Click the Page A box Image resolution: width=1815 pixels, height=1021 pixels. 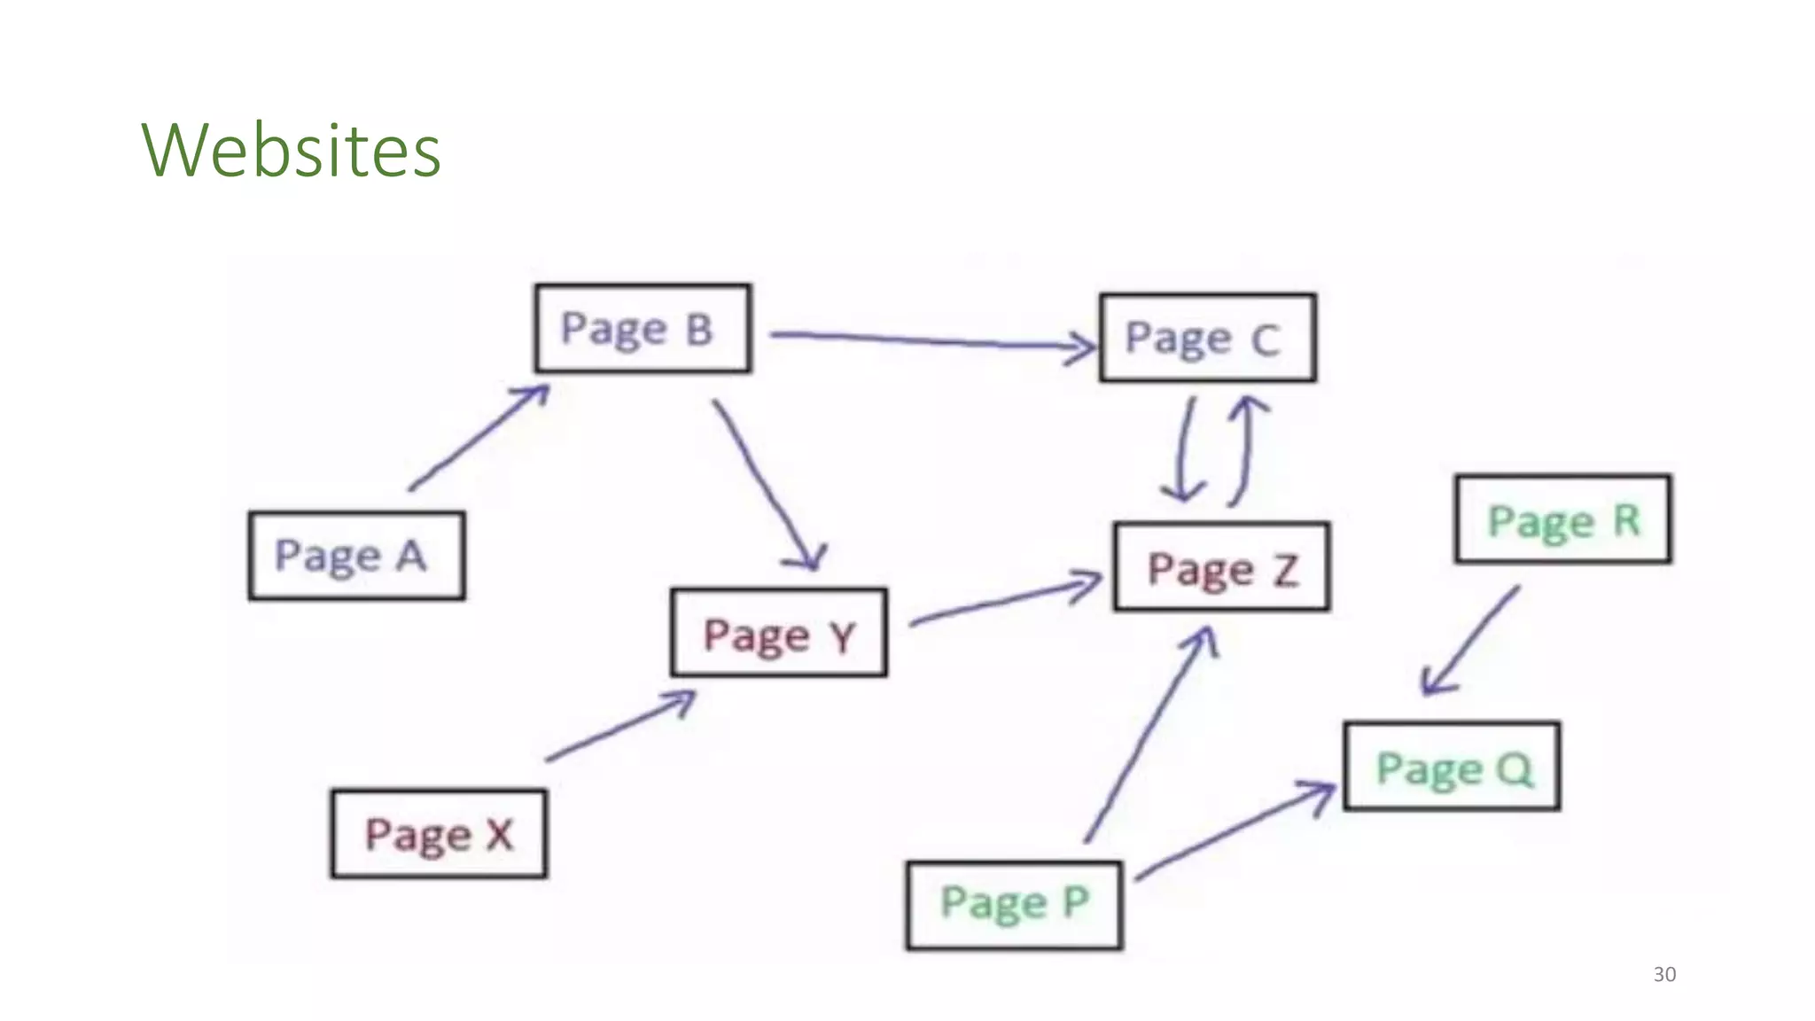356,556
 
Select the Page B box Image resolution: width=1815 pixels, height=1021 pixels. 643,328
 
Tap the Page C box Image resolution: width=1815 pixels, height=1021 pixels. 1207,338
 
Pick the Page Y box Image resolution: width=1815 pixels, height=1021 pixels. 778,633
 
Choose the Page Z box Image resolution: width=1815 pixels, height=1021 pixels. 1221,567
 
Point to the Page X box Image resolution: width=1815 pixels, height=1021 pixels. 439,833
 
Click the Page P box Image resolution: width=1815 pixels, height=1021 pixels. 1014,904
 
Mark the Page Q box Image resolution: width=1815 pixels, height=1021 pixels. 1452,767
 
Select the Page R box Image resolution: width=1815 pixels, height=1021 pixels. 1563,519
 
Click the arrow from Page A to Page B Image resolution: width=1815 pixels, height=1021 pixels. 479,436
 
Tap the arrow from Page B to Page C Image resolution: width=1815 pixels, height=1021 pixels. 931,340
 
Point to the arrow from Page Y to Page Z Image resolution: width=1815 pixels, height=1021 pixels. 1006,601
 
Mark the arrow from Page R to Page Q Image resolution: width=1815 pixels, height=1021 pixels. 1472,639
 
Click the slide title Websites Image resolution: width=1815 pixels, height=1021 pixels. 291,150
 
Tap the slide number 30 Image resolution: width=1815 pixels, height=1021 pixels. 1664,974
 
